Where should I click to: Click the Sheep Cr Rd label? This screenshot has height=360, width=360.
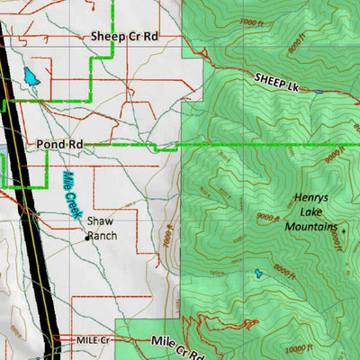tap(124, 36)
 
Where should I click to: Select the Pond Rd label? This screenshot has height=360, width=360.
tap(60, 144)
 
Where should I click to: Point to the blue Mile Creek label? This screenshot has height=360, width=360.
tap(71, 193)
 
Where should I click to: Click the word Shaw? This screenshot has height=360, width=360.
tap(99, 220)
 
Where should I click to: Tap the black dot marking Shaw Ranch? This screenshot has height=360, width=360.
tap(87, 238)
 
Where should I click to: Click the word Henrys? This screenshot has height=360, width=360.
tap(312, 198)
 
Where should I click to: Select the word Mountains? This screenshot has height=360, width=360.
tap(310, 227)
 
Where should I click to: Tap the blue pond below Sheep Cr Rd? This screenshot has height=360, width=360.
tap(32, 77)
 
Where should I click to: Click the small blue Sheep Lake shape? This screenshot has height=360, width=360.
tap(318, 91)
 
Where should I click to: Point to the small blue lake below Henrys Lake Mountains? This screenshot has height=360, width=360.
tap(259, 273)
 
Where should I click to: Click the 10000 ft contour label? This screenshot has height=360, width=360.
tap(300, 348)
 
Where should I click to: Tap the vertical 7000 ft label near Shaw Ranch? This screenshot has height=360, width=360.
tap(168, 236)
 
